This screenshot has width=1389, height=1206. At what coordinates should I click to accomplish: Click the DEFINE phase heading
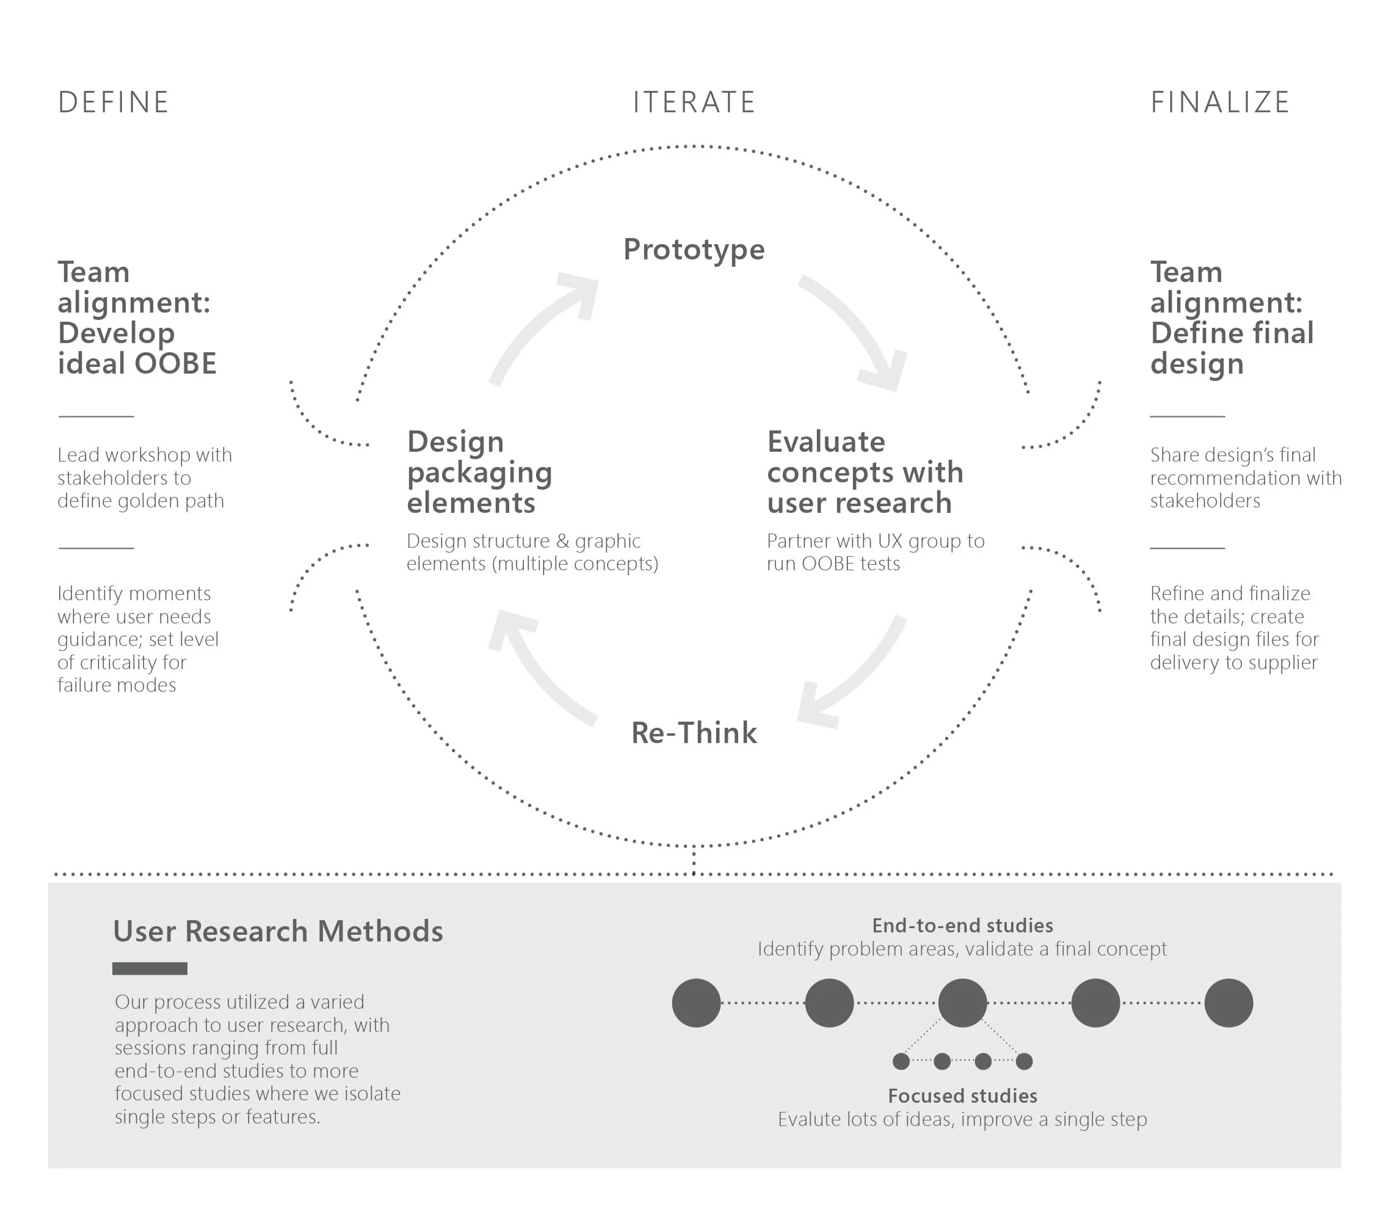point(113,103)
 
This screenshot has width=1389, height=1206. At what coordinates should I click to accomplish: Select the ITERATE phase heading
point(694,103)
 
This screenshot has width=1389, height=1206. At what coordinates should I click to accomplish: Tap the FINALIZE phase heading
point(1219,103)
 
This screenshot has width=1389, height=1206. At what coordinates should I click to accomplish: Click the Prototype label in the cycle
point(694,250)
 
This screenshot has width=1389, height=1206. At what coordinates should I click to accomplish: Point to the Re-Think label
point(694,733)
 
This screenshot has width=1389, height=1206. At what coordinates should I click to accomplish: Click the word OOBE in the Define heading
point(175,364)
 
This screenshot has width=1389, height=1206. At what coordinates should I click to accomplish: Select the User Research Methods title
point(278,931)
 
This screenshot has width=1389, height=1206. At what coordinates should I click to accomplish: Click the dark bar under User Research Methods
point(150,968)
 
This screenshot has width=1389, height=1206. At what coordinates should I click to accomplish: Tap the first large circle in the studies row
point(696,1003)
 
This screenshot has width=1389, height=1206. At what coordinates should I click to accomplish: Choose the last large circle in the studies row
point(1228,1003)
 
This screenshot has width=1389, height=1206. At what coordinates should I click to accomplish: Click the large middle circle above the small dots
point(962,1003)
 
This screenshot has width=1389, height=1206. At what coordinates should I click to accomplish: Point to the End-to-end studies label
point(962,925)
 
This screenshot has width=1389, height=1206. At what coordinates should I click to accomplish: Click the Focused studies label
point(962,1095)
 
